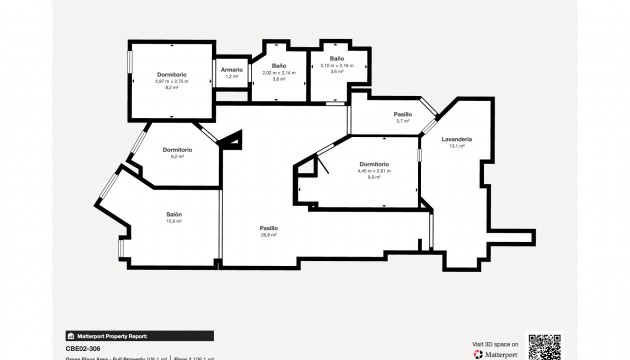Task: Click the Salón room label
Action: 173,214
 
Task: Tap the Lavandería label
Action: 459,139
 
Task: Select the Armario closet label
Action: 232,69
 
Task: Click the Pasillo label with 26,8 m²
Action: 269,228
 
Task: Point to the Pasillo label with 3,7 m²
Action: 375,114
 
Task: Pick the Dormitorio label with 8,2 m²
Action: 173,76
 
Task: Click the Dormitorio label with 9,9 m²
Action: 373,164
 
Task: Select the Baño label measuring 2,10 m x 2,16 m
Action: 337,60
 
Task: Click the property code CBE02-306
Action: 85,348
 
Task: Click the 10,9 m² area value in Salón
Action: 173,221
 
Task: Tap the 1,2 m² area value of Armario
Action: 232,76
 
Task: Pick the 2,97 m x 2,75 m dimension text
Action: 173,82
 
